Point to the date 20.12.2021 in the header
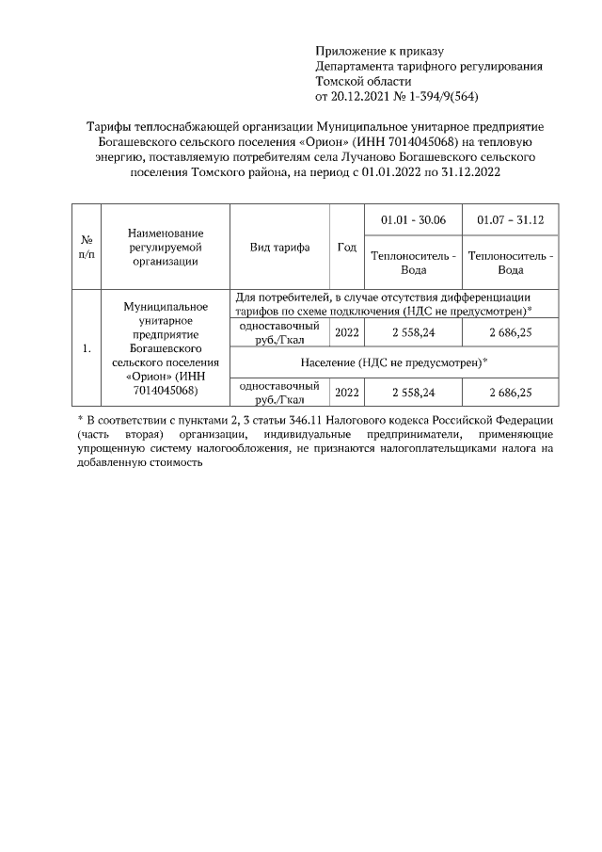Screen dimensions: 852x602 [362, 96]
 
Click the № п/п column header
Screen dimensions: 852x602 [87, 247]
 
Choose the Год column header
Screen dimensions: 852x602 [346, 247]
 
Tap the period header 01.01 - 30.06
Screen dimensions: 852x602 [413, 219]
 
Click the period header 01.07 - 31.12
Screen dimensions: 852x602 [510, 219]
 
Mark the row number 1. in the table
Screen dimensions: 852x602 [87, 349]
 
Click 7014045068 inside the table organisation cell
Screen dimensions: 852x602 [165, 390]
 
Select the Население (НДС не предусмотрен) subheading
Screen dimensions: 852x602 [394, 362]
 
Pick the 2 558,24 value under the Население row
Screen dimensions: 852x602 [413, 392]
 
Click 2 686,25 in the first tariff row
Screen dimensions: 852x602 [510, 332]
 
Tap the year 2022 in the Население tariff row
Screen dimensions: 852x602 [346, 392]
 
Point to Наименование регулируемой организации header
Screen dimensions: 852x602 [165, 247]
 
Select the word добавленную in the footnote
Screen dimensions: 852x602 [114, 464]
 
